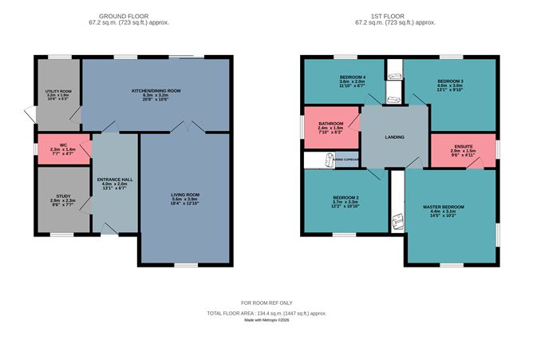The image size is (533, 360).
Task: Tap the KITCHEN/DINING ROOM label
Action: click(156, 91)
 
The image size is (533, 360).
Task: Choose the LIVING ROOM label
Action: click(185, 194)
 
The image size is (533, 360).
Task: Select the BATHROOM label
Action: click(330, 124)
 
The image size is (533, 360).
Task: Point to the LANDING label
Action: click(394, 137)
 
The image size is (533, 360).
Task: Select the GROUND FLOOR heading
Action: click(124, 15)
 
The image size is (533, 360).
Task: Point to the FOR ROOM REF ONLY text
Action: click(266, 303)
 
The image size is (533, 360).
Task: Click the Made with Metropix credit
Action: click(266, 321)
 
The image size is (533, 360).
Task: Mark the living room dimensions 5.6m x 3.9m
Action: click(185, 200)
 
